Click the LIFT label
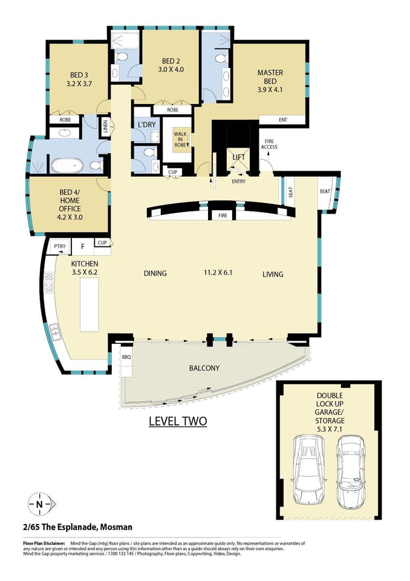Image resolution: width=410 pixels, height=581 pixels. coord(238,157)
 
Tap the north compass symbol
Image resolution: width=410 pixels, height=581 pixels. coord(39,504)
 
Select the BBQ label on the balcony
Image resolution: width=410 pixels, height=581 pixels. coord(126,357)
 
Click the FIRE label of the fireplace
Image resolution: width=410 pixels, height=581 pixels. coord(223,215)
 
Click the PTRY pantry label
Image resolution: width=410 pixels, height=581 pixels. coord(59,246)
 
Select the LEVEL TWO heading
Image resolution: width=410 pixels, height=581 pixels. coord(178,421)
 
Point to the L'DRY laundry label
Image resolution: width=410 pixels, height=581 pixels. coord(147,125)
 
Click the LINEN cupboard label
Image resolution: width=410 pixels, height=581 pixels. coord(105,126)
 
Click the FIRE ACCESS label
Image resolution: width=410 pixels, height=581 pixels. coord(270,144)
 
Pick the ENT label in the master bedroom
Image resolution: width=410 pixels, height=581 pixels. coord(283,120)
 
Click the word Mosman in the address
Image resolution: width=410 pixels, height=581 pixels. coord(117,527)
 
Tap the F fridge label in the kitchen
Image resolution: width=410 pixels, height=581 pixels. coord(82,246)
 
